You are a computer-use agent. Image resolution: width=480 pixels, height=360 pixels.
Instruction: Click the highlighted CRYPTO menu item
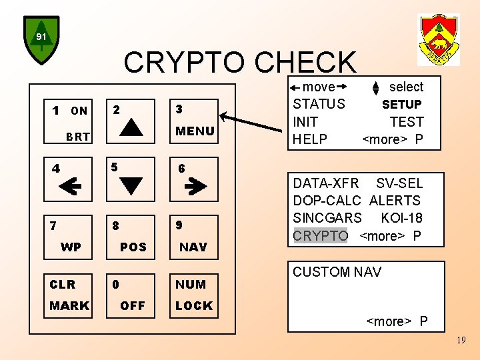321,235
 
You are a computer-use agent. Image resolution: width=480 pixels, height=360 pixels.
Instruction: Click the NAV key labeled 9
193,236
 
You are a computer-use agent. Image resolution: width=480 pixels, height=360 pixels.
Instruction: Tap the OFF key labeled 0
131,295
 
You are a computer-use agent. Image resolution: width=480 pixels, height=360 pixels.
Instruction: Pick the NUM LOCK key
193,295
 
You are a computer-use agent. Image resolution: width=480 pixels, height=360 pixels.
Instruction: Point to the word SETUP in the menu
401,105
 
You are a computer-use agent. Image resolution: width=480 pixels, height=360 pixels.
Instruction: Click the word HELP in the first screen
310,139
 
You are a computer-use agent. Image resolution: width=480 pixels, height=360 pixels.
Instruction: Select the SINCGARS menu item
327,218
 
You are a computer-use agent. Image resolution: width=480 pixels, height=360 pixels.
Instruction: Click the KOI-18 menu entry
401,218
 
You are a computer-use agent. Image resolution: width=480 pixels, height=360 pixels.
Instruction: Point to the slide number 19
461,341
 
